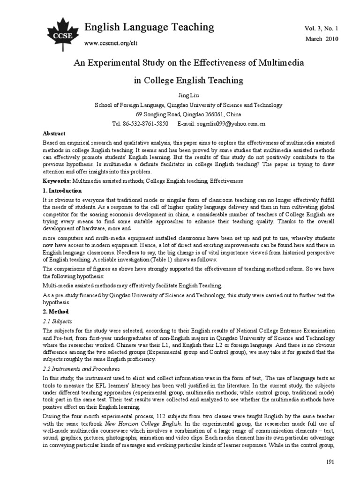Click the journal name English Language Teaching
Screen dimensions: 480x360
[149, 28]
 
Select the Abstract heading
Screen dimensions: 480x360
[54, 134]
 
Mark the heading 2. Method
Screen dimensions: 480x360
[56, 311]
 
